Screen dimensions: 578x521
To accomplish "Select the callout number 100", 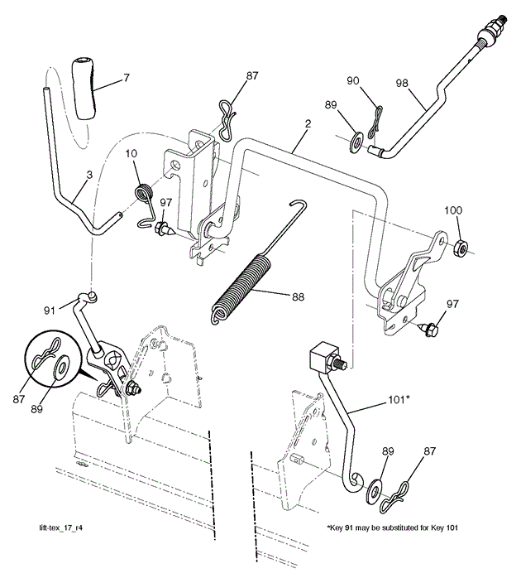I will [453, 210].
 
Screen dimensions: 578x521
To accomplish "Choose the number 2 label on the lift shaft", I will [307, 125].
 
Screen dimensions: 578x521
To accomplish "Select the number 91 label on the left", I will [50, 310].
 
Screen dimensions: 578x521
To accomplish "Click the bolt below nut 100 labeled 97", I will [430, 330].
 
